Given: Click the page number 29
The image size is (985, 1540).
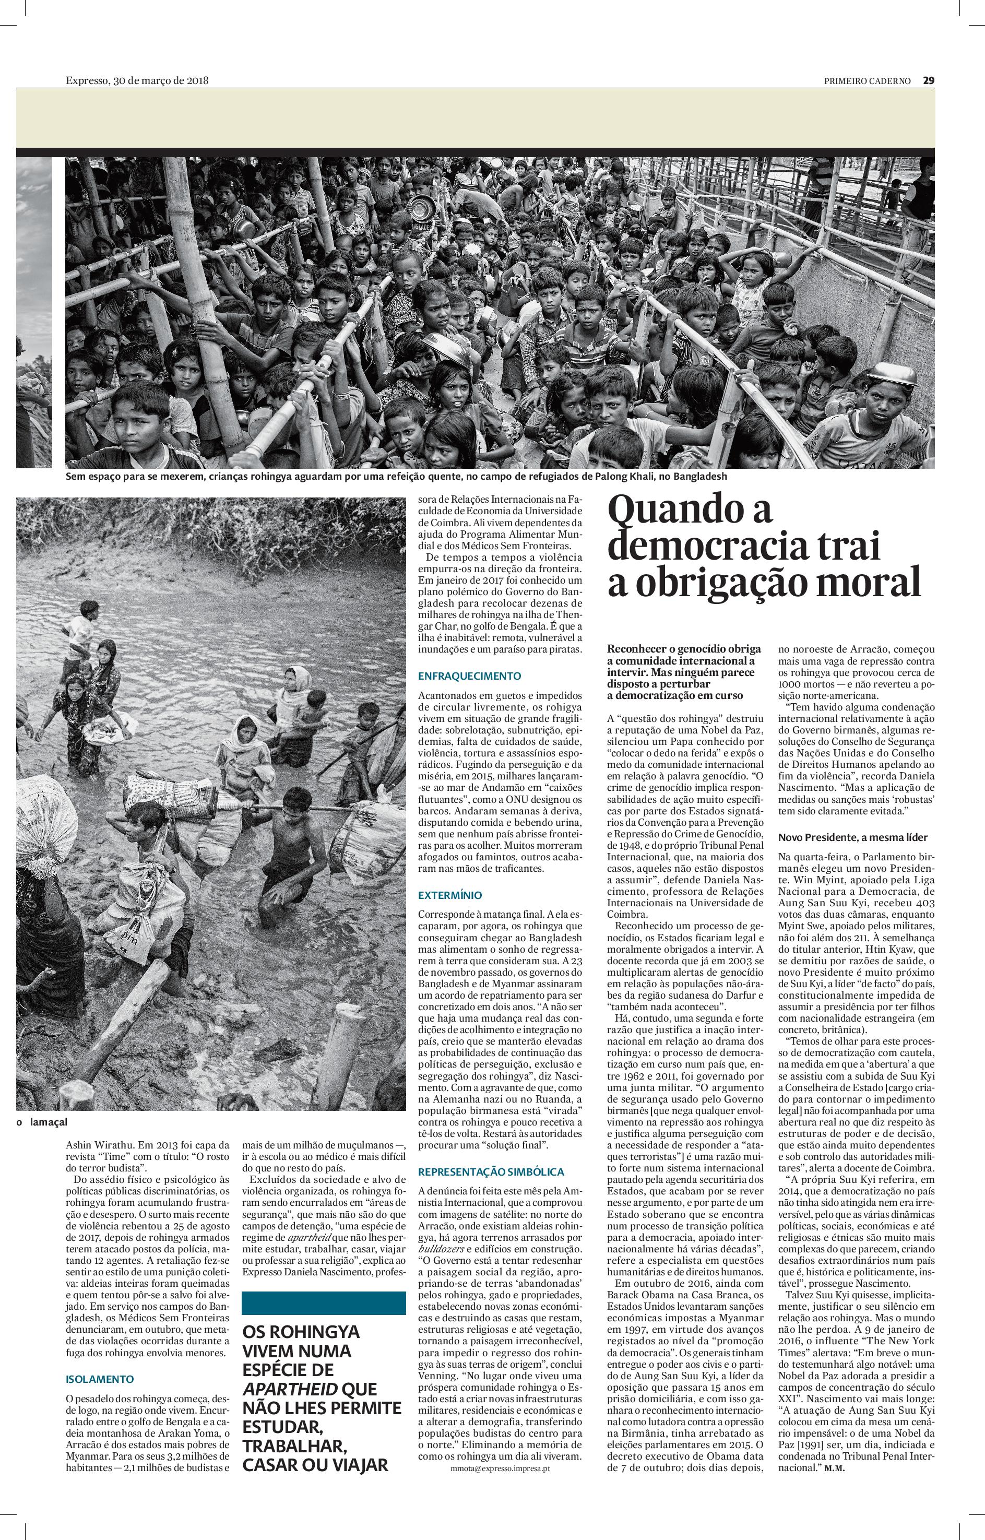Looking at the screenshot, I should tap(929, 80).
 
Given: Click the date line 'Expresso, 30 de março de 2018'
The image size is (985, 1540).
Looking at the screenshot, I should tap(137, 80).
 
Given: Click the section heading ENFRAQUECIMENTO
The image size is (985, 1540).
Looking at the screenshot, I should tap(469, 676).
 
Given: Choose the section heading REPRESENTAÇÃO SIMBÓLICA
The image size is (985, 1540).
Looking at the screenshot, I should tap(491, 1171).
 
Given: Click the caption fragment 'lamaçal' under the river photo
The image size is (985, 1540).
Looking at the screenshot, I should tap(48, 1122).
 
